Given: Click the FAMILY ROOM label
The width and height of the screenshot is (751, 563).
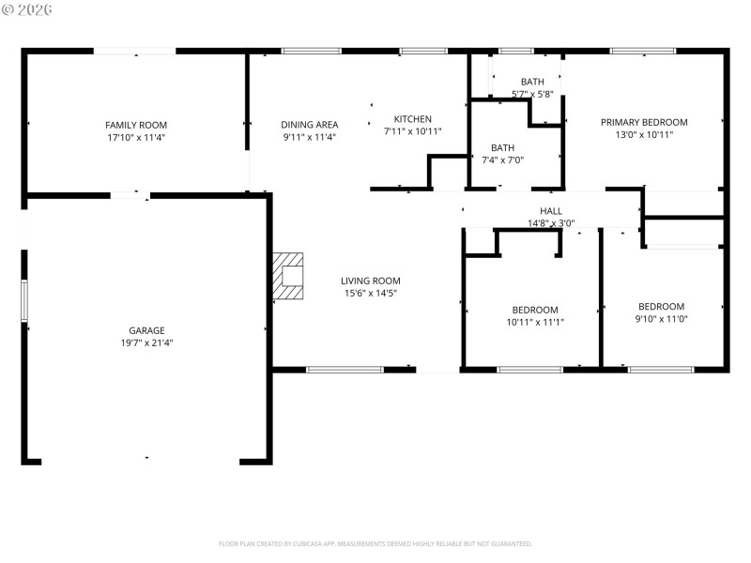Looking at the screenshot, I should pyautogui.click(x=136, y=124).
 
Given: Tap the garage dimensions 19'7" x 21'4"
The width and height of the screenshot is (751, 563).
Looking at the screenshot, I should pyautogui.click(x=146, y=342).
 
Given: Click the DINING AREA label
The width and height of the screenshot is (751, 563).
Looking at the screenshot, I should pyautogui.click(x=310, y=124).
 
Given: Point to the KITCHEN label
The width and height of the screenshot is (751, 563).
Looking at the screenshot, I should pyautogui.click(x=412, y=118).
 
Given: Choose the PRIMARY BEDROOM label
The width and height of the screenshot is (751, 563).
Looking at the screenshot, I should pyautogui.click(x=644, y=122).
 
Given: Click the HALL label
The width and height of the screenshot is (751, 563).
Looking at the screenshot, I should pyautogui.click(x=551, y=211).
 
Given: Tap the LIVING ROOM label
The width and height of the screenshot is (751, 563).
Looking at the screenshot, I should pyautogui.click(x=370, y=281).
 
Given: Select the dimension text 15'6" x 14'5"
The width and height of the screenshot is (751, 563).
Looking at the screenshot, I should pyautogui.click(x=370, y=293).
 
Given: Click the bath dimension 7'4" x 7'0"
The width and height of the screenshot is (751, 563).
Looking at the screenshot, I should pyautogui.click(x=502, y=160).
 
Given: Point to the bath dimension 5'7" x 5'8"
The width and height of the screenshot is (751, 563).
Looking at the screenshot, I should pyautogui.click(x=532, y=94).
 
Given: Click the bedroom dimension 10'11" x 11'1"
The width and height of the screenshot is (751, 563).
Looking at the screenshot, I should pyautogui.click(x=535, y=322).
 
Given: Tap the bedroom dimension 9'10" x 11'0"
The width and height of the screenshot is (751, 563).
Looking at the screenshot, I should pyautogui.click(x=661, y=319).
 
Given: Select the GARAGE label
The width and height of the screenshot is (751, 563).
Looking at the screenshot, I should pyautogui.click(x=146, y=330).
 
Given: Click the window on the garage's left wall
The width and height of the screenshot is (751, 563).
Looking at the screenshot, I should pyautogui.click(x=25, y=300).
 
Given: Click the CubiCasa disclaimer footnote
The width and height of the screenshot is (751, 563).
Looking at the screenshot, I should pyautogui.click(x=375, y=543).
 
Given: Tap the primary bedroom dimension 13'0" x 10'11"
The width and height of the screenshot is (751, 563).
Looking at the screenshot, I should pyautogui.click(x=644, y=134).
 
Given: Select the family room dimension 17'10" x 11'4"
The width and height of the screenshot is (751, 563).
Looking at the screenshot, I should pyautogui.click(x=136, y=137).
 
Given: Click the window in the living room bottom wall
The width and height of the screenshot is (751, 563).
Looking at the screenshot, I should pyautogui.click(x=345, y=370).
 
